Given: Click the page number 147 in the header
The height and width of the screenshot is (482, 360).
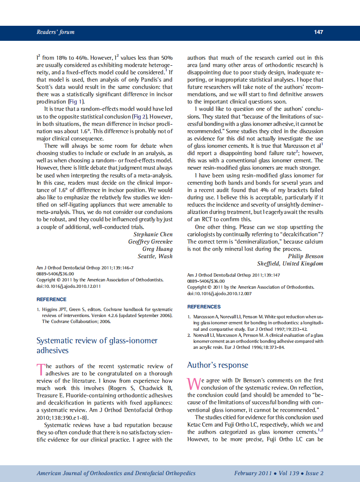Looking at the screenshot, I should coord(318,32).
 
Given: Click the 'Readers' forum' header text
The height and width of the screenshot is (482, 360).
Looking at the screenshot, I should coord(55,32).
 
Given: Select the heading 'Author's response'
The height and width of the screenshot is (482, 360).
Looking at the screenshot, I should coord(217,365).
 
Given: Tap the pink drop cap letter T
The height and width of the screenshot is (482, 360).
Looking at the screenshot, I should coord(40,369).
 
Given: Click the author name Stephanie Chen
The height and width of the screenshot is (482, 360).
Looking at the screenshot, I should coord(153,235).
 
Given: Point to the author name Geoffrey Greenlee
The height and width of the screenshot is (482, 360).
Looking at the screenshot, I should coord(150,242).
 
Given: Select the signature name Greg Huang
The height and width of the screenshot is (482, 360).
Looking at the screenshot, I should coord(157,249).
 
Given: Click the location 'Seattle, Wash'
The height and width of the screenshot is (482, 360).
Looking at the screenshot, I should coord(155,256).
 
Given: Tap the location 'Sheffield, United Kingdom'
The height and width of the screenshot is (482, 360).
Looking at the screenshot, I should coord(290,264).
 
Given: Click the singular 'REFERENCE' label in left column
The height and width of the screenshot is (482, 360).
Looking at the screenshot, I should coord(52,299).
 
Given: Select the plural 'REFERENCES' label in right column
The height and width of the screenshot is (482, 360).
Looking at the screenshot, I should coord(204,307).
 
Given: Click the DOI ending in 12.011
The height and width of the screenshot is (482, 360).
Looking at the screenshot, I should coord(69,286).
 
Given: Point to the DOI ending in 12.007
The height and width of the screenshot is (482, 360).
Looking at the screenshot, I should coord(220,293).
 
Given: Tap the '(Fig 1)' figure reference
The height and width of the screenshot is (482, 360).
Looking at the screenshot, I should coord(76,102).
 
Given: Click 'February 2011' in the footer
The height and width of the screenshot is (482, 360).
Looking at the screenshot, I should coord(253,473).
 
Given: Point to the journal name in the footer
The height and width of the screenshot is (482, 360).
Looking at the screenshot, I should coord(116,473).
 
